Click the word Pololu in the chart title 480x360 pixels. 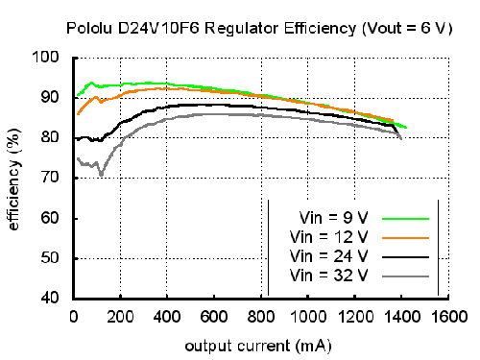(x=89, y=28)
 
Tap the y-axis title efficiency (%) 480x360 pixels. (x=13, y=180)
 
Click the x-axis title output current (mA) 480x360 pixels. (x=258, y=347)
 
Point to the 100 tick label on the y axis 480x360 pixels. (x=45, y=57)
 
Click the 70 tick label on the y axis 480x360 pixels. (x=50, y=177)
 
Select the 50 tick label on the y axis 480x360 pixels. (x=50, y=257)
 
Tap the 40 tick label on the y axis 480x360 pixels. (x=50, y=298)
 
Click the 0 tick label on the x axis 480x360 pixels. (x=74, y=317)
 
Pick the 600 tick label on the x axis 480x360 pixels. (x=214, y=317)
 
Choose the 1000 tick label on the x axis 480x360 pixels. (x=308, y=317)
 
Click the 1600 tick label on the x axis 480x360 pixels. (x=449, y=317)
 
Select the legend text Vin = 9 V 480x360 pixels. (x=334, y=218)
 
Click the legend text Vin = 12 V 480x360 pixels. (x=329, y=237)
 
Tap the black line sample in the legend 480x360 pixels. (x=405, y=257)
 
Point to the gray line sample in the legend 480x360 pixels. (x=405, y=276)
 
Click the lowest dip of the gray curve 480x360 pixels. (x=101, y=175)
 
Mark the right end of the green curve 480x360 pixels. (x=406, y=128)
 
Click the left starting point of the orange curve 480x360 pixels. (x=78, y=114)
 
